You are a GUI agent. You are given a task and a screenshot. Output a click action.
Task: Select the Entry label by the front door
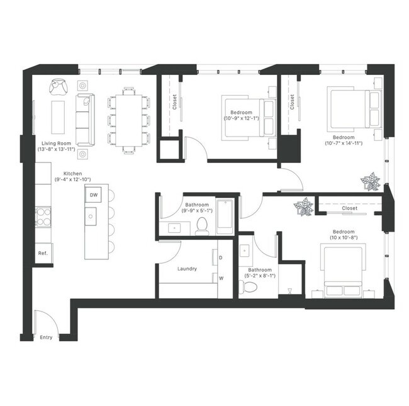(x=46, y=337)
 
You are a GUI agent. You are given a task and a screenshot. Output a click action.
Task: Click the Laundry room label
(x=187, y=269)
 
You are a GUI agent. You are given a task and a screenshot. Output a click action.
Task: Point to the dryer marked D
(x=221, y=257)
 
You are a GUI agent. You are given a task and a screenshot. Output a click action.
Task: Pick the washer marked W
(x=221, y=278)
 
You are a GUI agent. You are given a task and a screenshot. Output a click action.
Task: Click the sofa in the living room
(x=84, y=119)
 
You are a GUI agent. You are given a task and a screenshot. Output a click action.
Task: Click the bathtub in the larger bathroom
(x=225, y=216)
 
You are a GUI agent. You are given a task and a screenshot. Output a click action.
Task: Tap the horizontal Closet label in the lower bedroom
(x=349, y=208)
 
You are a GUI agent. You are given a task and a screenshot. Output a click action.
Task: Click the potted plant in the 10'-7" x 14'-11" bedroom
(x=370, y=183)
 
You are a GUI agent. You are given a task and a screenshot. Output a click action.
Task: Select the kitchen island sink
(x=92, y=218)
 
